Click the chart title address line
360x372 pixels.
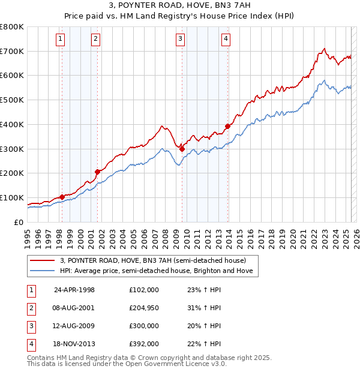tap(180, 6)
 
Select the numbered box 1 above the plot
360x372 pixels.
tap(61, 40)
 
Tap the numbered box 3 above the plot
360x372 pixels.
tap(181, 40)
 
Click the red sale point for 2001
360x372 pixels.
tap(97, 172)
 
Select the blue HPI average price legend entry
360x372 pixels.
tap(157, 271)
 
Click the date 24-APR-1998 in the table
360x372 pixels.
tap(74, 290)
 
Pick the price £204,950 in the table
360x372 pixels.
tap(143, 308)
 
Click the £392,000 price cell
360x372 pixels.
tap(143, 344)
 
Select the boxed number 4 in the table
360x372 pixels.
tap(31, 344)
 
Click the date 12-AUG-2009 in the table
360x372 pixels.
tap(74, 326)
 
